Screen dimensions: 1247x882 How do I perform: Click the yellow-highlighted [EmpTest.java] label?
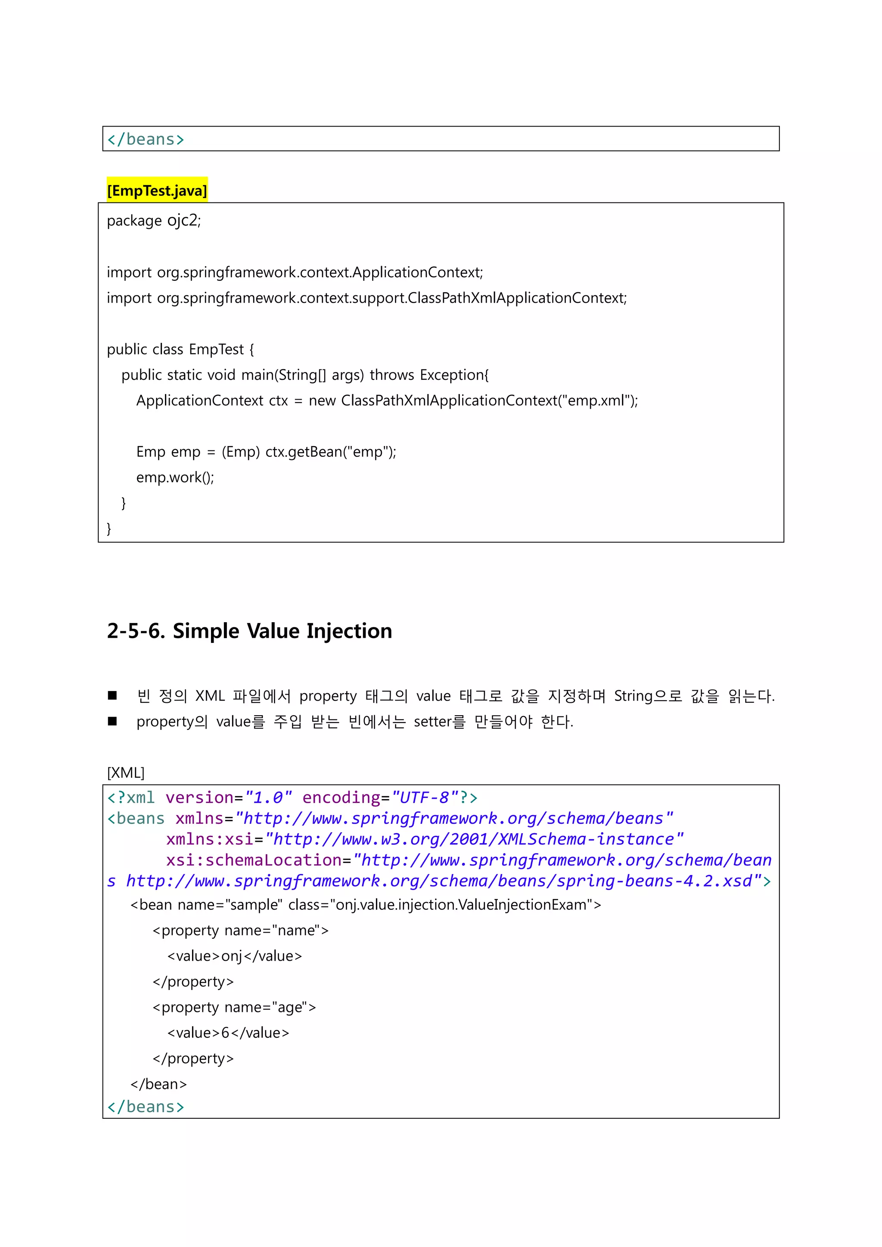click(157, 191)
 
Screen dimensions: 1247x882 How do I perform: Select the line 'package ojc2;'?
click(154, 220)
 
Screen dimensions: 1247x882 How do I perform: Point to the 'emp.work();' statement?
click(175, 478)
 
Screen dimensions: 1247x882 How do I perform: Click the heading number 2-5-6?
click(136, 631)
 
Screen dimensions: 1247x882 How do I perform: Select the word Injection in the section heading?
click(349, 631)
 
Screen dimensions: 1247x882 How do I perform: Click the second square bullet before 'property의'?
click(112, 721)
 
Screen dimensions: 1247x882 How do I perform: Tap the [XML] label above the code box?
click(125, 772)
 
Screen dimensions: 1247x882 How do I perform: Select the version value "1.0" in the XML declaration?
click(268, 798)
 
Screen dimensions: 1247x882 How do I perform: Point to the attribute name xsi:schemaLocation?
click(254, 860)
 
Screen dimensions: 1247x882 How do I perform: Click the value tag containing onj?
click(234, 956)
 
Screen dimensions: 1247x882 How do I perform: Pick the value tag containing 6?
click(228, 1033)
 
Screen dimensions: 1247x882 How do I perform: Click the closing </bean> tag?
click(158, 1084)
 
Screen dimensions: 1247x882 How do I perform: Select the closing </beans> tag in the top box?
click(146, 140)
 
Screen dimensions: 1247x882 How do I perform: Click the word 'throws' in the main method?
click(391, 375)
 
